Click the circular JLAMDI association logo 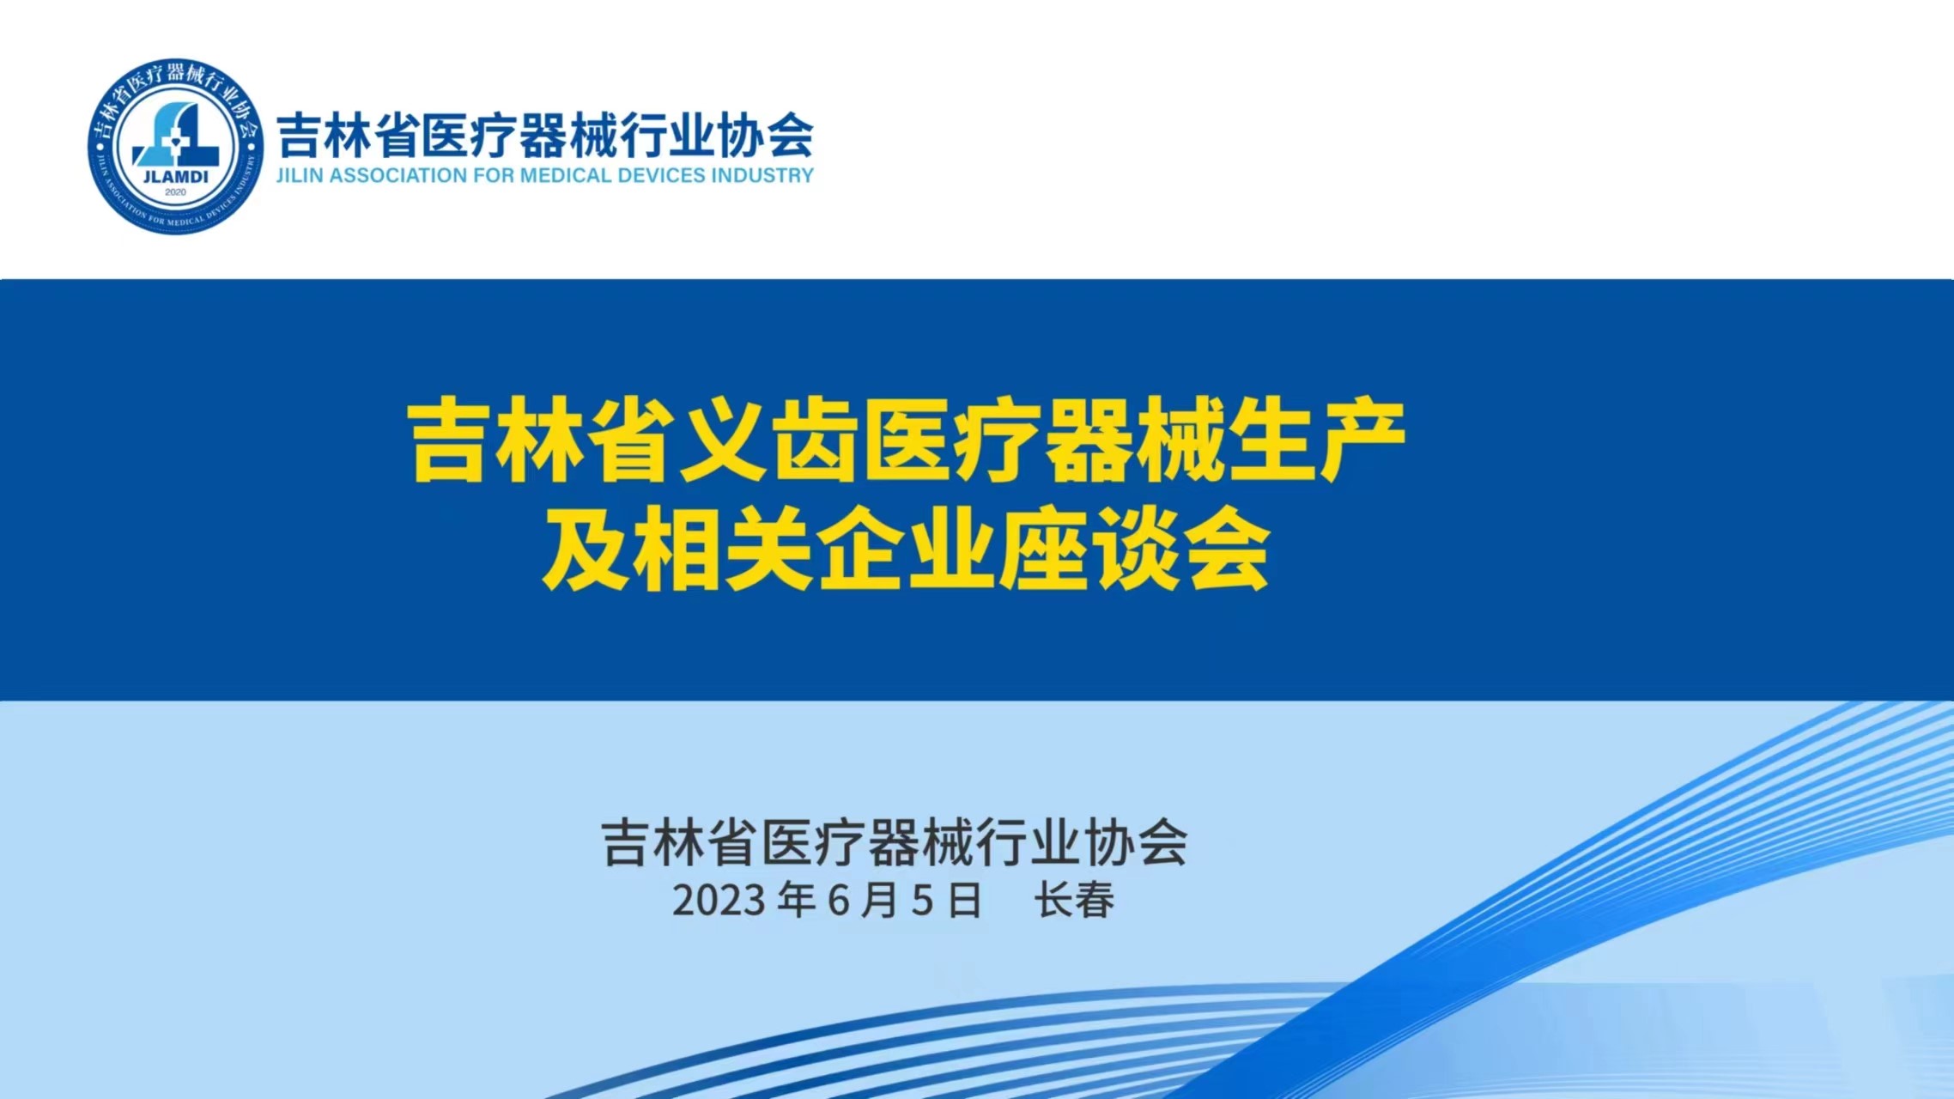(176, 147)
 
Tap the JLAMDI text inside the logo (175, 177)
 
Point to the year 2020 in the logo (175, 192)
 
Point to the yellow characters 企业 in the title (907, 548)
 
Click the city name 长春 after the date (1074, 901)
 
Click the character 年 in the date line (797, 901)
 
